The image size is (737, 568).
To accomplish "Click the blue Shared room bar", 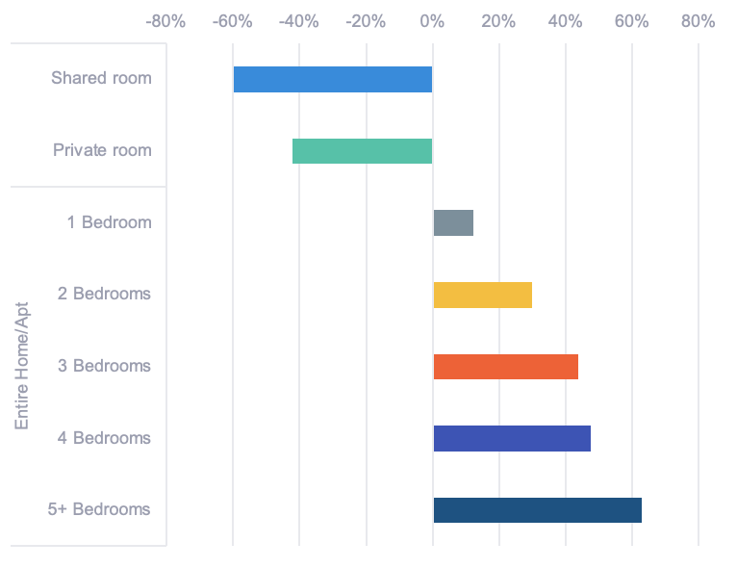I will click(x=333, y=79).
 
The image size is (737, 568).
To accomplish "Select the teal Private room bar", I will click(x=363, y=151).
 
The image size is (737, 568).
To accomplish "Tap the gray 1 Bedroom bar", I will click(x=453, y=222).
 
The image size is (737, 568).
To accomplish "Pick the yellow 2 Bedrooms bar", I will click(x=482, y=295).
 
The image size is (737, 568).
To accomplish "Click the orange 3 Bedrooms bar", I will click(x=505, y=367).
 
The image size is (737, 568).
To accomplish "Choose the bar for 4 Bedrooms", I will click(x=512, y=438).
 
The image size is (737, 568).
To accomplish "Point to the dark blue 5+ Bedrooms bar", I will click(x=537, y=510).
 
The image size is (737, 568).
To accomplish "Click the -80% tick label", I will click(x=165, y=21).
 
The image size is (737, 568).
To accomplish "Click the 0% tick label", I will click(x=432, y=21).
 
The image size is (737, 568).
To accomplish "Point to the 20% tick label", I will click(x=498, y=21).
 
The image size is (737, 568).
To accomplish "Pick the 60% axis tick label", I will click(x=631, y=21).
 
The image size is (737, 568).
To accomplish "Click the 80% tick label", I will click(x=698, y=21).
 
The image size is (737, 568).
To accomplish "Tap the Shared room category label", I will click(x=101, y=78).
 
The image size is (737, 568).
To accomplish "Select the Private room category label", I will click(x=102, y=150).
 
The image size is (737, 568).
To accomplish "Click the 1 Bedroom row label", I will click(x=109, y=222).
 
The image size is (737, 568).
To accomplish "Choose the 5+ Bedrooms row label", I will click(x=99, y=509).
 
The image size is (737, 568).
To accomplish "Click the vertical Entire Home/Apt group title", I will click(x=23, y=366).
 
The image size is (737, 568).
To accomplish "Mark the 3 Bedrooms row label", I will click(x=104, y=366).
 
